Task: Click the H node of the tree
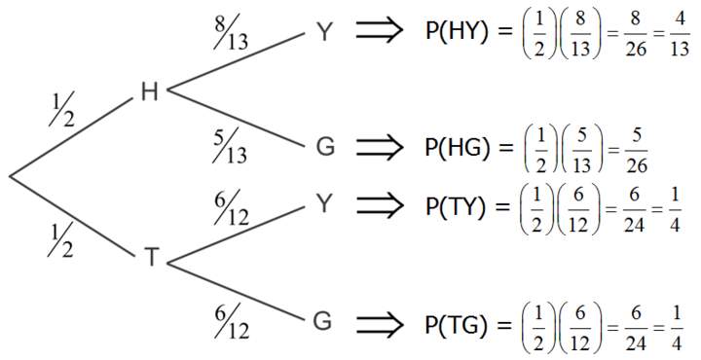[x=149, y=91]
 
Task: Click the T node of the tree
[x=151, y=257]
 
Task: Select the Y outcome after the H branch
[x=325, y=33]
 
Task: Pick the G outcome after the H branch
[x=325, y=148]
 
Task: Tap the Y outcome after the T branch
[x=325, y=203]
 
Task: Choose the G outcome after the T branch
[x=325, y=320]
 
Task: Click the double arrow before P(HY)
[x=380, y=33]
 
